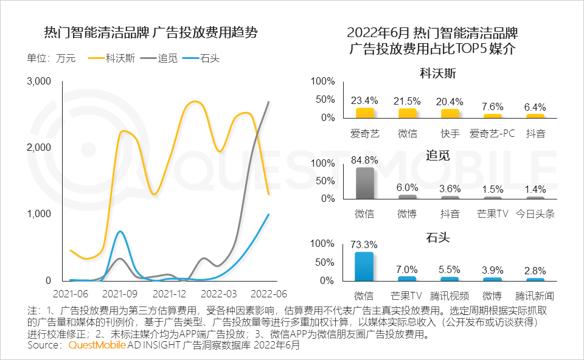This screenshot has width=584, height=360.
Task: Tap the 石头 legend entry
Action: (x=209, y=59)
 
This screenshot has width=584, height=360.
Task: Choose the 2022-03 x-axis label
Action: (x=220, y=293)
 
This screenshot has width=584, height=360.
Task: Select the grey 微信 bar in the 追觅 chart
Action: (x=365, y=183)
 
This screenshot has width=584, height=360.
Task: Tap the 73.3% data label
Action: (x=365, y=244)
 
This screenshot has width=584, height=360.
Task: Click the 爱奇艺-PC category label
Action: (x=493, y=133)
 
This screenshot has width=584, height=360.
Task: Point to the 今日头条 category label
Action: (x=535, y=213)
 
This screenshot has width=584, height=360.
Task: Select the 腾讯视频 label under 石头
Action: (x=450, y=296)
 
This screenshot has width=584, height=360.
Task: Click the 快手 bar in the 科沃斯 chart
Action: (x=450, y=113)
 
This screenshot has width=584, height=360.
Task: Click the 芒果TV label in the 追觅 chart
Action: (x=493, y=213)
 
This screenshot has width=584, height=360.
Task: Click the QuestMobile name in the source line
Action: (x=97, y=345)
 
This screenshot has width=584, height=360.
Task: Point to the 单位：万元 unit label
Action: (x=51, y=59)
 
